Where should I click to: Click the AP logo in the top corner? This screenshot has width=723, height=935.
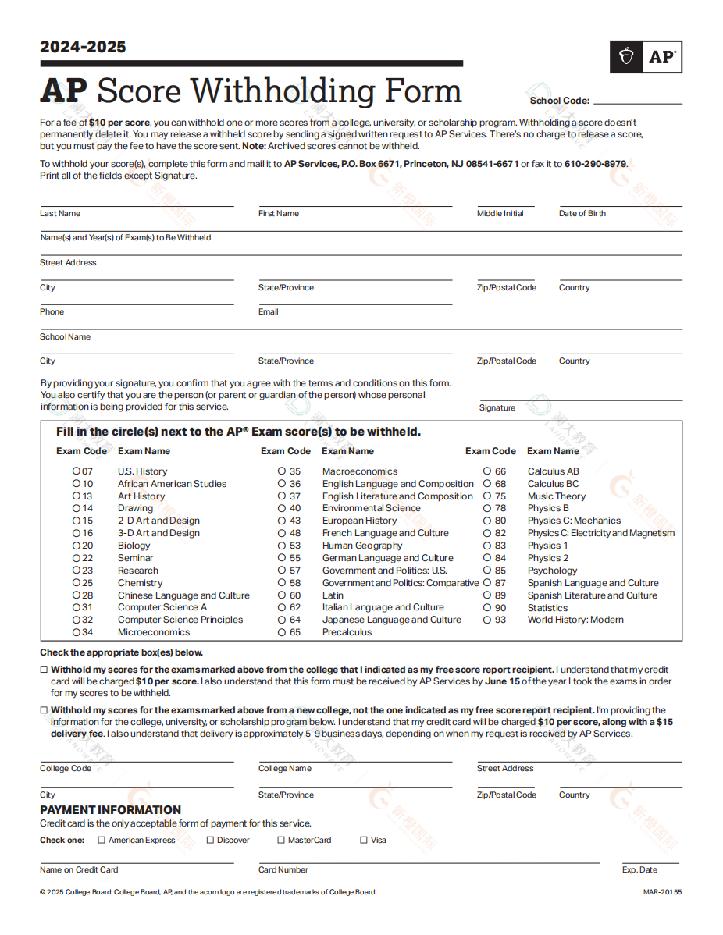point(646,57)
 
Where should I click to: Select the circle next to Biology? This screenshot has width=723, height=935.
point(77,546)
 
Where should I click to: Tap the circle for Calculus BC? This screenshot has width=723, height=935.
point(486,484)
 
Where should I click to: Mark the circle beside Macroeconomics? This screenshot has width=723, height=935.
point(281,471)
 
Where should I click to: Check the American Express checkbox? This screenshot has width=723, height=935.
point(102,841)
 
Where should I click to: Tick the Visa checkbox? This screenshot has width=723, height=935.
point(364,841)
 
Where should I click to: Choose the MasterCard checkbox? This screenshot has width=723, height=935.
point(281,841)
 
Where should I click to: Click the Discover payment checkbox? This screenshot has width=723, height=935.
point(210,841)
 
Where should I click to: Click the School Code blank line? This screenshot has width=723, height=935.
point(637,101)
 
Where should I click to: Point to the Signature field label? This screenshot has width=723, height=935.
point(497,408)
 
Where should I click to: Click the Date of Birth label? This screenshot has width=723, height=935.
point(582,214)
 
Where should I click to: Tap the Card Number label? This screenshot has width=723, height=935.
point(283,870)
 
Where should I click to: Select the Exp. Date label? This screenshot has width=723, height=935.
point(639,870)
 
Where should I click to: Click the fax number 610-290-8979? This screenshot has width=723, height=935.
point(596,164)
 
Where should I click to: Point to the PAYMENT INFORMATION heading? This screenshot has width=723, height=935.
point(110,810)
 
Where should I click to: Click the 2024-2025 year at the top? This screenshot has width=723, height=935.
point(83,47)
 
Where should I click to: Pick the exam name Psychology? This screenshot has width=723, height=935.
point(552,571)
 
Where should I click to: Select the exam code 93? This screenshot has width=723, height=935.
point(500,620)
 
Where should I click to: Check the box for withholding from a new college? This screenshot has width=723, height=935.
point(45,710)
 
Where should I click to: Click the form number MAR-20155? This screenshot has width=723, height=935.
point(662,892)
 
